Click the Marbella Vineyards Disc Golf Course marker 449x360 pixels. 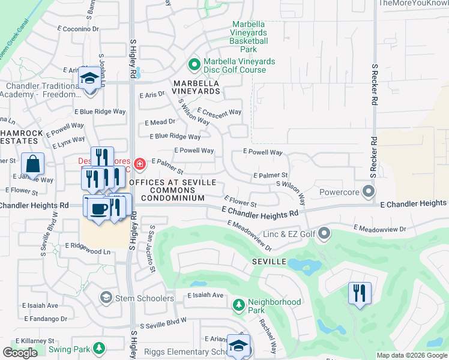click(194, 64)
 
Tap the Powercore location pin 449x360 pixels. click(369, 191)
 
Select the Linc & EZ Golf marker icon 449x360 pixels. click(325, 232)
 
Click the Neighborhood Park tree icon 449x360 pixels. click(238, 305)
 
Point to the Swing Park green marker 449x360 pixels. click(98, 348)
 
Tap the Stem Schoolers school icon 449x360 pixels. click(106, 297)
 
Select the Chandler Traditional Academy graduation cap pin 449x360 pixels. click(89, 79)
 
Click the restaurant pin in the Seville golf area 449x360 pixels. click(360, 293)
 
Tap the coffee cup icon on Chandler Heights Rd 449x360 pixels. click(98, 208)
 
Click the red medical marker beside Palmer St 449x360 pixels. click(139, 163)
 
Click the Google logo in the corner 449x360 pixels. click(20, 353)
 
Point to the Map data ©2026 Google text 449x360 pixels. click(412, 355)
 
